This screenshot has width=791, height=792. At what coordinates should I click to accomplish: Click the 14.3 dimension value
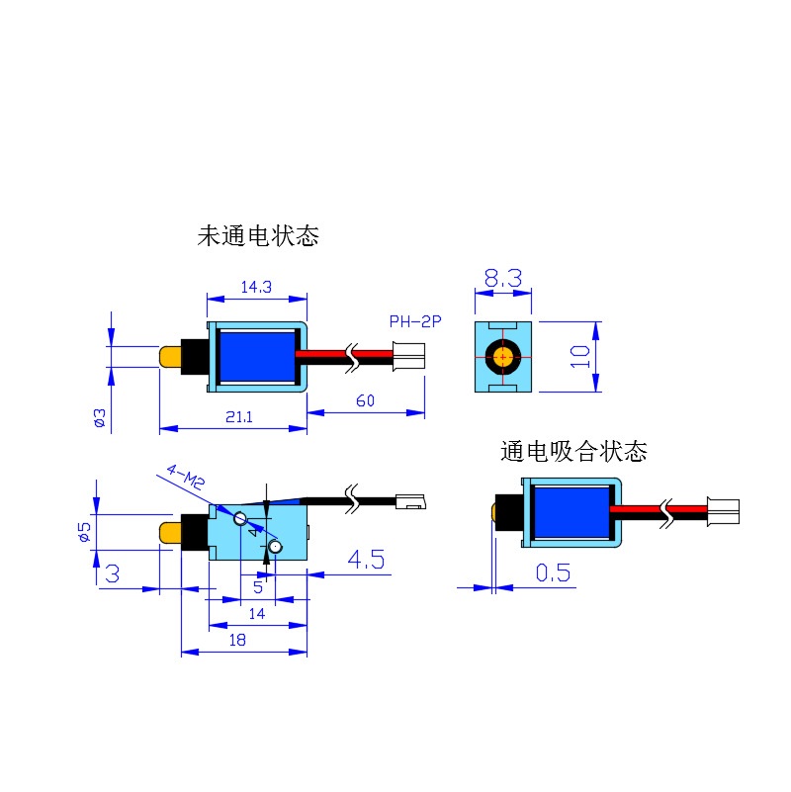256,287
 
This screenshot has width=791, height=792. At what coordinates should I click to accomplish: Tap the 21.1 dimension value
239,416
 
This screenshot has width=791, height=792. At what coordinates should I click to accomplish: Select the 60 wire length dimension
365,400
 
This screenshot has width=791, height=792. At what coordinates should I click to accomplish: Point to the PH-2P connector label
415,321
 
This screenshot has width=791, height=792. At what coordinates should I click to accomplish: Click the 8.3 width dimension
503,278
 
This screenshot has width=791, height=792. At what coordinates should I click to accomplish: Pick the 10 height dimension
579,357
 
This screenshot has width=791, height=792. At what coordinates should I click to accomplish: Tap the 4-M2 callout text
186,477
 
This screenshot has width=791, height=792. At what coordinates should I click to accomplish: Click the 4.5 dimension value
366,560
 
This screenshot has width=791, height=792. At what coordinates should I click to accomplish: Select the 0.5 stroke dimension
553,572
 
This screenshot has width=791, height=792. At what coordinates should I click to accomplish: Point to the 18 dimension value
237,640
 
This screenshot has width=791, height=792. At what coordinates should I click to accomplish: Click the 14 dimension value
257,614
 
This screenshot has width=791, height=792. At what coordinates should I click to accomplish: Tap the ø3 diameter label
100,417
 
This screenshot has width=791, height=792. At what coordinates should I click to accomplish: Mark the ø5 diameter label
84,532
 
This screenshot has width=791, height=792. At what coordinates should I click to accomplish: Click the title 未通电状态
258,236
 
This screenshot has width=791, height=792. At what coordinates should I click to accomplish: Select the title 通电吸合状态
573,451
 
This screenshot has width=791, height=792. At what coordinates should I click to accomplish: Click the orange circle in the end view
503,357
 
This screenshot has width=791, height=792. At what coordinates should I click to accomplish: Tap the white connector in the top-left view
409,356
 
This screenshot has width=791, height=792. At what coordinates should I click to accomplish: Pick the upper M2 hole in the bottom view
240,518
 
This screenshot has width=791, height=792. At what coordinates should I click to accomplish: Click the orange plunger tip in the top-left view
170,357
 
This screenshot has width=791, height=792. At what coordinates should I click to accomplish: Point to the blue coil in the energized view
571,512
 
